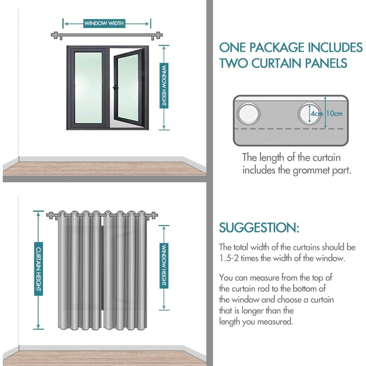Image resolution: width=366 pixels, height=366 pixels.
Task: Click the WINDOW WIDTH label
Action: pyautogui.click(x=103, y=23)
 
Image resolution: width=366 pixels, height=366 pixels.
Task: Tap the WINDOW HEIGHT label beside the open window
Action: pyautogui.click(x=163, y=86)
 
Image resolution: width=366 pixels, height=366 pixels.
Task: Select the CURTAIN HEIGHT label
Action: pyautogui.click(x=38, y=269)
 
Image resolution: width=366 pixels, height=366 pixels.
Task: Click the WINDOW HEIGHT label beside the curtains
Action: pyautogui.click(x=163, y=265)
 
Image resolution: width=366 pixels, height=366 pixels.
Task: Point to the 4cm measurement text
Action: pyautogui.click(x=316, y=113)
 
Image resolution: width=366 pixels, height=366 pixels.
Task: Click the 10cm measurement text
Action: pyautogui.click(x=334, y=113)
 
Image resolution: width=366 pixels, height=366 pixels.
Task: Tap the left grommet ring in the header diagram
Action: pyautogui.click(x=249, y=113)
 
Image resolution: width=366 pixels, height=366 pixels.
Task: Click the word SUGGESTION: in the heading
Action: pyautogui.click(x=259, y=227)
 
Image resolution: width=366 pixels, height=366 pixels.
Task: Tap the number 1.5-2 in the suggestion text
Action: pyautogui.click(x=231, y=258)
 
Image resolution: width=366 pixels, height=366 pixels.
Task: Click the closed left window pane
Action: pyautogui.click(x=88, y=87)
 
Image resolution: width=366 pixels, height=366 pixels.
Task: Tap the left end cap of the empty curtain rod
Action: pyautogui.click(x=54, y=36)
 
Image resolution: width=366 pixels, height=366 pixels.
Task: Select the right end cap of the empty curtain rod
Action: pyautogui.click(x=158, y=36)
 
